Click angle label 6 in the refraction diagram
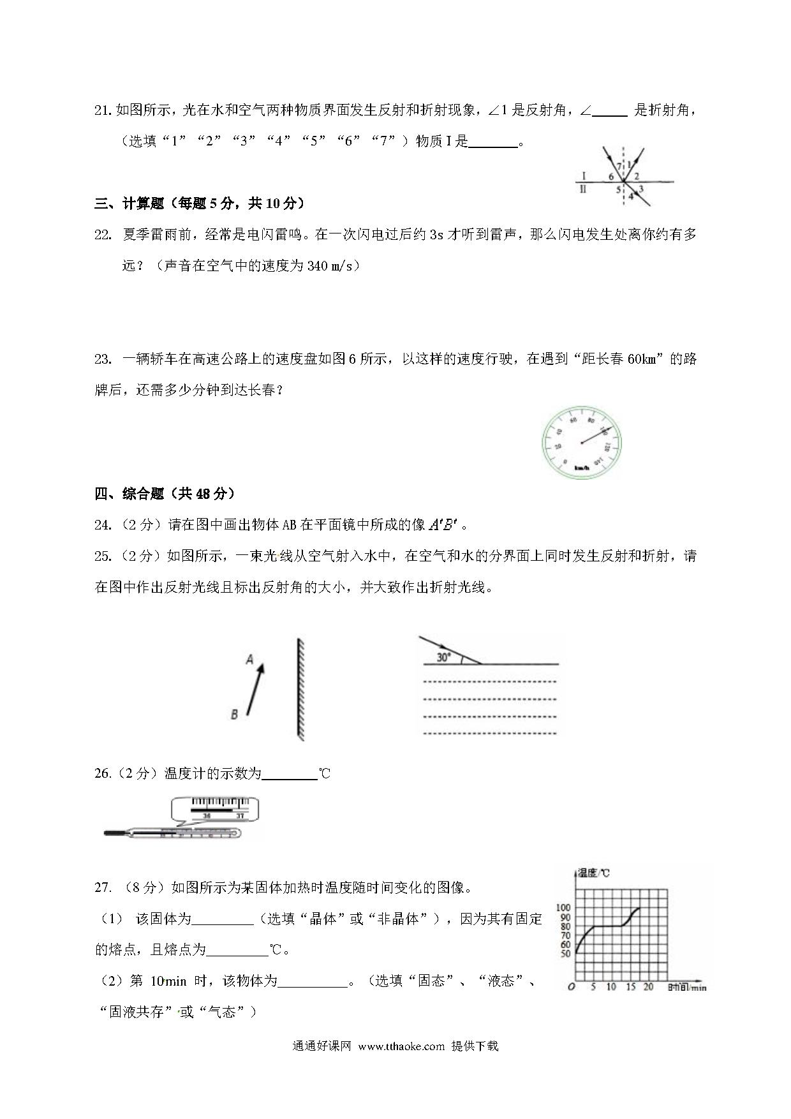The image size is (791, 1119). (x=610, y=177)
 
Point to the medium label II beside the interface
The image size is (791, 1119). (x=582, y=189)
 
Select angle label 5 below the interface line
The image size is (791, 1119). (x=618, y=189)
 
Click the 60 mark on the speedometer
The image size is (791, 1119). (x=573, y=420)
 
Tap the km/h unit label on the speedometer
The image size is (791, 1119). (x=580, y=468)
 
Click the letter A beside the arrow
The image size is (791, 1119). (x=250, y=659)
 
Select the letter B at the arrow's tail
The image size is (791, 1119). (x=234, y=715)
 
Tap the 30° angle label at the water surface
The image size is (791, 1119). (x=443, y=657)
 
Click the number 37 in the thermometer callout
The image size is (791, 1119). (x=240, y=815)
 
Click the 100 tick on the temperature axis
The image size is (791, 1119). (x=563, y=907)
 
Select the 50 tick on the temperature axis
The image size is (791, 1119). (x=566, y=954)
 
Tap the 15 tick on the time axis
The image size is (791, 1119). (x=631, y=987)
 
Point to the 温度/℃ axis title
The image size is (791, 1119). (x=593, y=872)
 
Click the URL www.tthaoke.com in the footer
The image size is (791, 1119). (x=401, y=1046)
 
